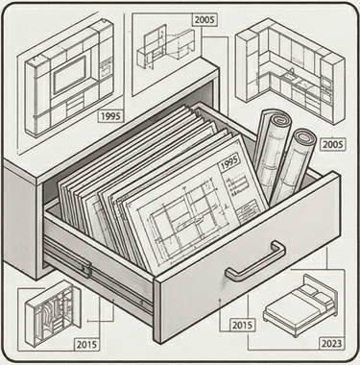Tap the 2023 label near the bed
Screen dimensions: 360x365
tap(332, 344)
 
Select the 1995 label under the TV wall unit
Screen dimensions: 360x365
tap(110, 116)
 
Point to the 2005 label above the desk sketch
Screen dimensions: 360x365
tap(204, 20)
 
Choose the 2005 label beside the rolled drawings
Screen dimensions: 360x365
tap(333, 145)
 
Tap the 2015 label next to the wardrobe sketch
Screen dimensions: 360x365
tap(86, 345)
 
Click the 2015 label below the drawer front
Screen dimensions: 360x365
tap(242, 326)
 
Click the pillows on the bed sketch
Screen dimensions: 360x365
tap(315, 294)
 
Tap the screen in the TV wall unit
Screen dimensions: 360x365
tap(69, 74)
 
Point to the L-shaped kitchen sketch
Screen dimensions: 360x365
tap(290, 72)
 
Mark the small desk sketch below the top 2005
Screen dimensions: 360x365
tap(165, 47)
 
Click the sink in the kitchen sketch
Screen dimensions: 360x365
tap(291, 76)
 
